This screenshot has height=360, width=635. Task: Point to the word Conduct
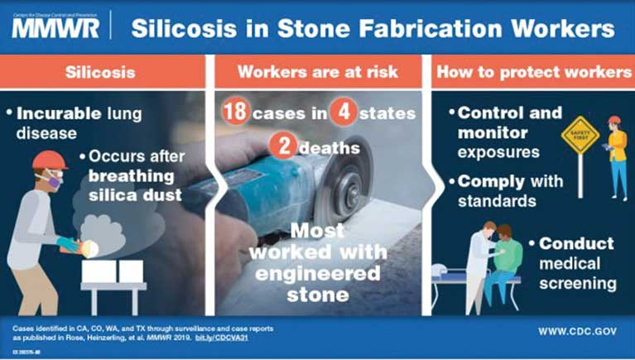coord(576,244)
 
